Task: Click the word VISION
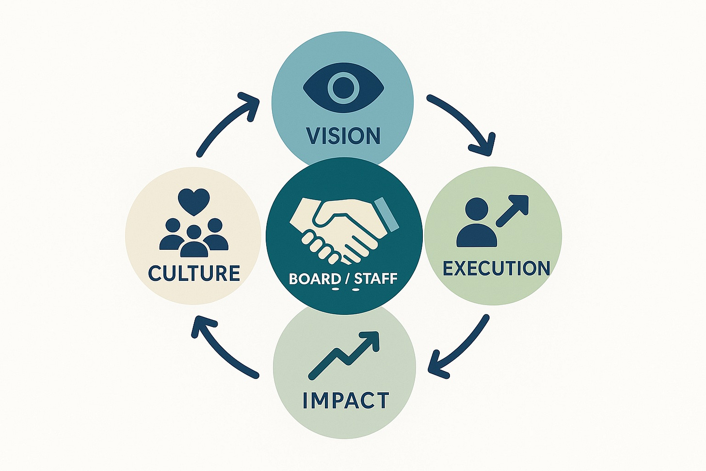343,135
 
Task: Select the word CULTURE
194,273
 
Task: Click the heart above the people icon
193,201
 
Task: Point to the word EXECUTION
497,268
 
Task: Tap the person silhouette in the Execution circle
477,223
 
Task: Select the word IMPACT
345,401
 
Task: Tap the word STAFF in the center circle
376,279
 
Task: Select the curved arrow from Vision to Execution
465,121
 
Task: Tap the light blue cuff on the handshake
387,213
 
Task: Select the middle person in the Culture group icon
194,241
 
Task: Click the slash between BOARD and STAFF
348,279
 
